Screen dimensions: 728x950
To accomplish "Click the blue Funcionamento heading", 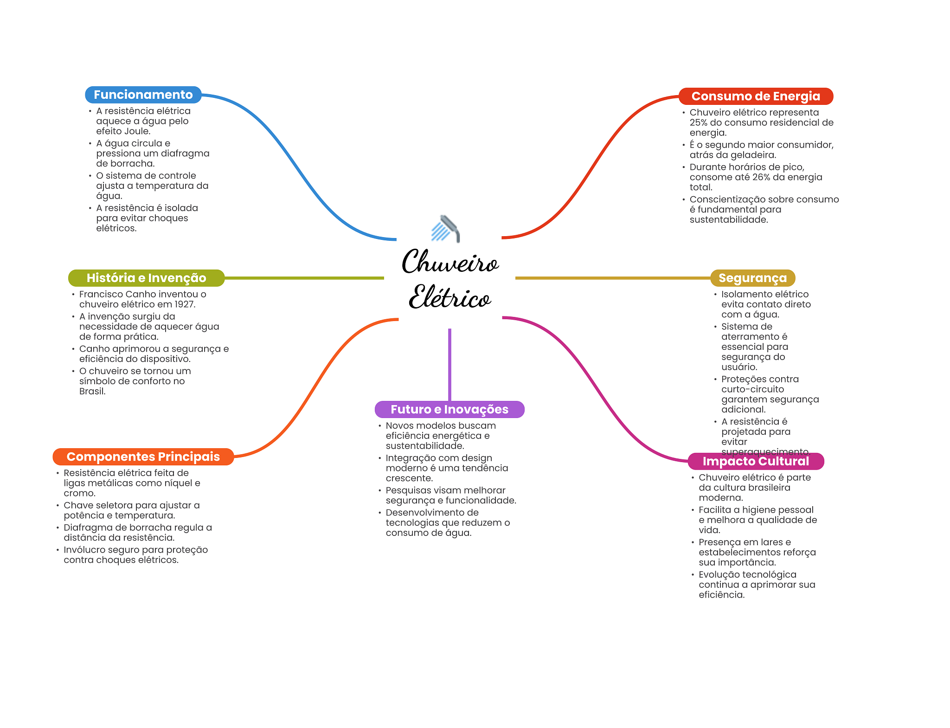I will [x=143, y=95].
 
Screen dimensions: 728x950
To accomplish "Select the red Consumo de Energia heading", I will [x=756, y=96].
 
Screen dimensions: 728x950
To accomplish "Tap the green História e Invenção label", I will [x=146, y=278].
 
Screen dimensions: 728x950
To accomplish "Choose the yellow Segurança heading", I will [x=752, y=278].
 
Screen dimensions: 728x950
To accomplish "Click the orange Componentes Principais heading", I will [x=143, y=457].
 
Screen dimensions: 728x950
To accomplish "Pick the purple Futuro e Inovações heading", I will [x=449, y=409].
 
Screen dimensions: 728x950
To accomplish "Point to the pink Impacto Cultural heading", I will [x=756, y=461].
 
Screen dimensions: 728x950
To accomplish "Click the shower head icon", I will [x=446, y=229].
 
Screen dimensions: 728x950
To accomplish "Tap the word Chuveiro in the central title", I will [x=450, y=262].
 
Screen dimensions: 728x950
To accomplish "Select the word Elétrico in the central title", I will [x=449, y=297].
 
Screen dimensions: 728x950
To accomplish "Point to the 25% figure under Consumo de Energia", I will [x=698, y=122].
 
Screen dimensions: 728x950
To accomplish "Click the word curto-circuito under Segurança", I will [x=752, y=389].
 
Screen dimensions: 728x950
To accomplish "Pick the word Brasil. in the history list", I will [x=92, y=391].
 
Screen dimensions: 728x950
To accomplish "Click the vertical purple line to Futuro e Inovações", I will [x=449, y=364].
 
